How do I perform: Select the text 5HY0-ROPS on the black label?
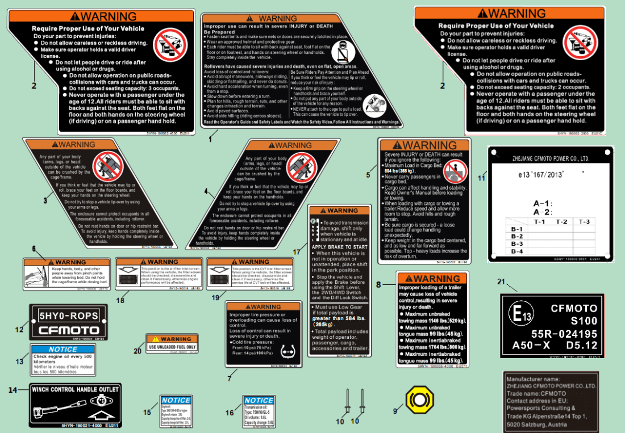(68, 316)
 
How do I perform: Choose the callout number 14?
(13, 390)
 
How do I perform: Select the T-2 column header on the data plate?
(561, 221)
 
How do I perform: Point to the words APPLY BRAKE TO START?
(340, 247)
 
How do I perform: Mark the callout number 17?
(297, 251)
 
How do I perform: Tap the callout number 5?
(368, 175)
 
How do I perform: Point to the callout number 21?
(501, 282)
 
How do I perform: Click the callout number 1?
(210, 138)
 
